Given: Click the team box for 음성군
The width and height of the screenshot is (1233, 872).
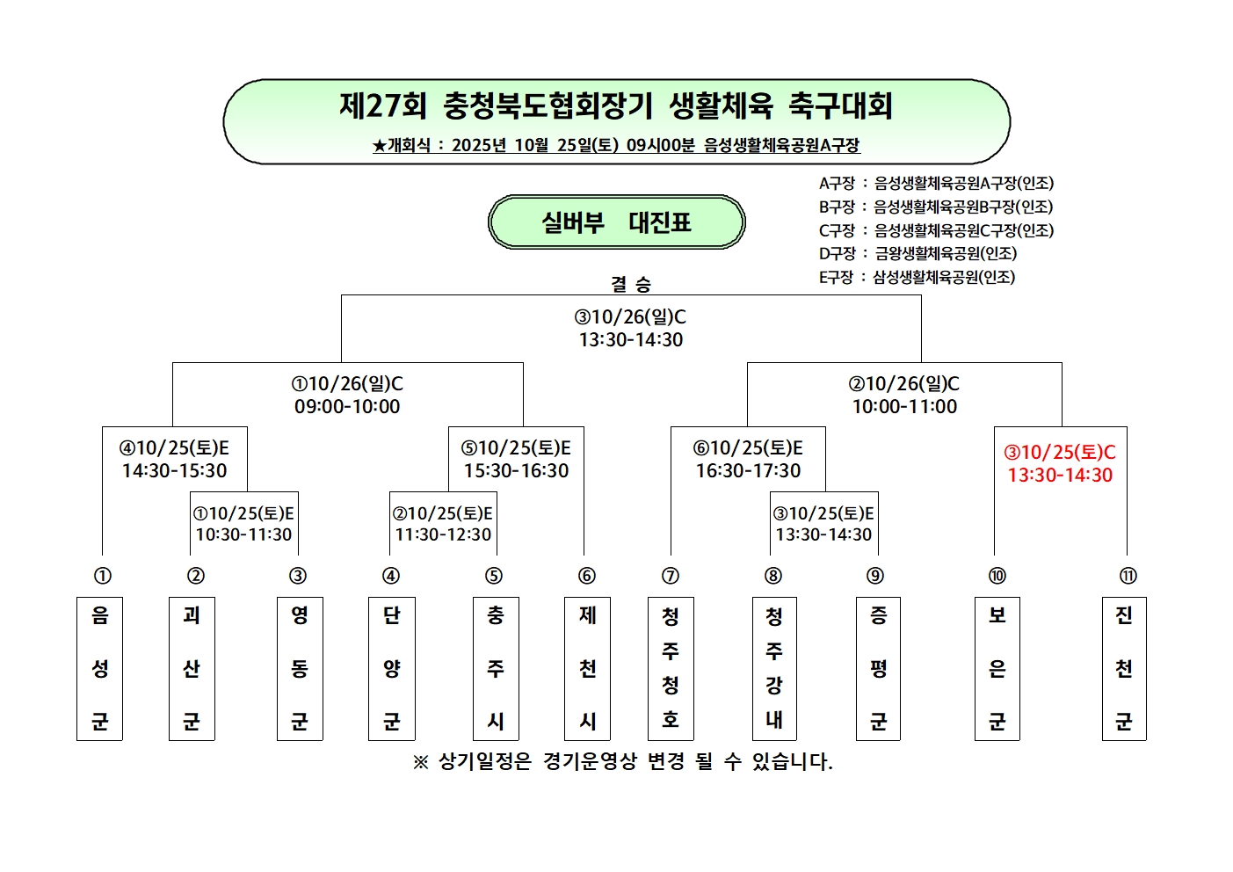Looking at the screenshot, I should pyautogui.click(x=99, y=668).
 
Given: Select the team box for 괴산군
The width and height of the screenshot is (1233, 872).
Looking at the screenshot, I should pyautogui.click(x=192, y=668).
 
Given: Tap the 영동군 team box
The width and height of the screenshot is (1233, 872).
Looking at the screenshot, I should pyautogui.click(x=300, y=668).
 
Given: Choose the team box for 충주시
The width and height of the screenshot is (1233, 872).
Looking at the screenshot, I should pyautogui.click(x=496, y=668).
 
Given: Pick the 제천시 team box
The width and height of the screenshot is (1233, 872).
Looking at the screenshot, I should pyautogui.click(x=587, y=668).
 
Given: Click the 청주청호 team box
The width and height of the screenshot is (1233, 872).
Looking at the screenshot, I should pyautogui.click(x=671, y=668).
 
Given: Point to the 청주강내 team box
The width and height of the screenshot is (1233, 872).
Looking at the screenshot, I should pyautogui.click(x=774, y=668).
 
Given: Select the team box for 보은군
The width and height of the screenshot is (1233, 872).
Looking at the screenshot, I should pyautogui.click(x=997, y=668).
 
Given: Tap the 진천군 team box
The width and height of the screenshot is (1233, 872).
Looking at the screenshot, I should pyautogui.click(x=1124, y=668).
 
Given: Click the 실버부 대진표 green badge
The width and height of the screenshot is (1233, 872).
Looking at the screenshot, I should pyautogui.click(x=617, y=222).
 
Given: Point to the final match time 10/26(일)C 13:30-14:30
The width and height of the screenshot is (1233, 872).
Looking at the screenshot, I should pyautogui.click(x=630, y=329).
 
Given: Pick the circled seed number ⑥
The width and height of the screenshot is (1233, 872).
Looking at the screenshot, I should pyautogui.click(x=587, y=576).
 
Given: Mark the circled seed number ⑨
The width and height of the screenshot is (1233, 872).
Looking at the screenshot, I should pyautogui.click(x=875, y=576).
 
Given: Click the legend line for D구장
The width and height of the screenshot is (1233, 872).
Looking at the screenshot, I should pyautogui.click(x=917, y=254).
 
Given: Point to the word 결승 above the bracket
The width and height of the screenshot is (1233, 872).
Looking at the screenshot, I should pyautogui.click(x=631, y=284).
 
